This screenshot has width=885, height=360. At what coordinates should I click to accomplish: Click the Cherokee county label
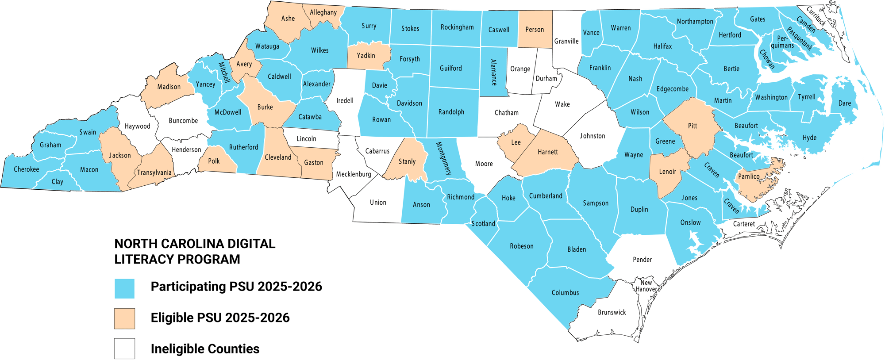pyautogui.click(x=26, y=169)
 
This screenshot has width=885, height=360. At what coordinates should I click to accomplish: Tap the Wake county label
pyautogui.click(x=562, y=104)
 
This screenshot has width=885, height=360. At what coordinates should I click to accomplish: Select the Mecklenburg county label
pyautogui.click(x=354, y=174)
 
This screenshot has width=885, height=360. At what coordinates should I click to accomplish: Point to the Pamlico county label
pyautogui.click(x=749, y=176)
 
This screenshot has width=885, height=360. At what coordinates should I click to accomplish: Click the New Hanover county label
pyautogui.click(x=646, y=286)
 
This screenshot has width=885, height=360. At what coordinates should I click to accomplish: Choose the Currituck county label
pyautogui.click(x=816, y=16)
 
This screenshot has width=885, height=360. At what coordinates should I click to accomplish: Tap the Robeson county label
pyautogui.click(x=522, y=246)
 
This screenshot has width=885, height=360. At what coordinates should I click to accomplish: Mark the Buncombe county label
pyautogui.click(x=183, y=121)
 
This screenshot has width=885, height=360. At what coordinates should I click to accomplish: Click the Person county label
pyautogui.click(x=535, y=30)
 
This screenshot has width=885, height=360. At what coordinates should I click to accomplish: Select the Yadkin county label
pyautogui.click(x=366, y=56)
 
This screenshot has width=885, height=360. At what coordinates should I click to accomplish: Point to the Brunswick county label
pyautogui.click(x=612, y=313)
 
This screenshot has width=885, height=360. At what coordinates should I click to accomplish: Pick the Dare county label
pyautogui.click(x=845, y=103)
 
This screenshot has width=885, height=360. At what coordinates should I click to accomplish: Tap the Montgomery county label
pyautogui.click(x=444, y=158)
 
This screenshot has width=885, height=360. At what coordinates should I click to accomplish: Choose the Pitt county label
pyautogui.click(x=693, y=126)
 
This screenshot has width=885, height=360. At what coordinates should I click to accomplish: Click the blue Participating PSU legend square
pyautogui.click(x=124, y=288)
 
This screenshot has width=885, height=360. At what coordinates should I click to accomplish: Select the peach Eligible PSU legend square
pyautogui.click(x=124, y=318)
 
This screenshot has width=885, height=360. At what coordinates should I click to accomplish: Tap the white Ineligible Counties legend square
pyautogui.click(x=124, y=349)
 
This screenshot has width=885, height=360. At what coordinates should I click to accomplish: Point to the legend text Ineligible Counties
pyautogui.click(x=205, y=349)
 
